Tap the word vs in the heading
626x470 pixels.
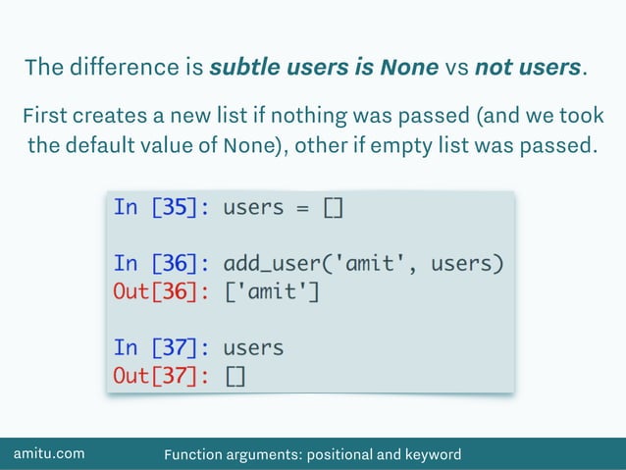(x=456, y=69)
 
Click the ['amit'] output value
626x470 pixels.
(x=271, y=291)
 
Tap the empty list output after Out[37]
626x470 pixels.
(x=235, y=376)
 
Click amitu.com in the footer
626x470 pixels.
(x=48, y=453)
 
